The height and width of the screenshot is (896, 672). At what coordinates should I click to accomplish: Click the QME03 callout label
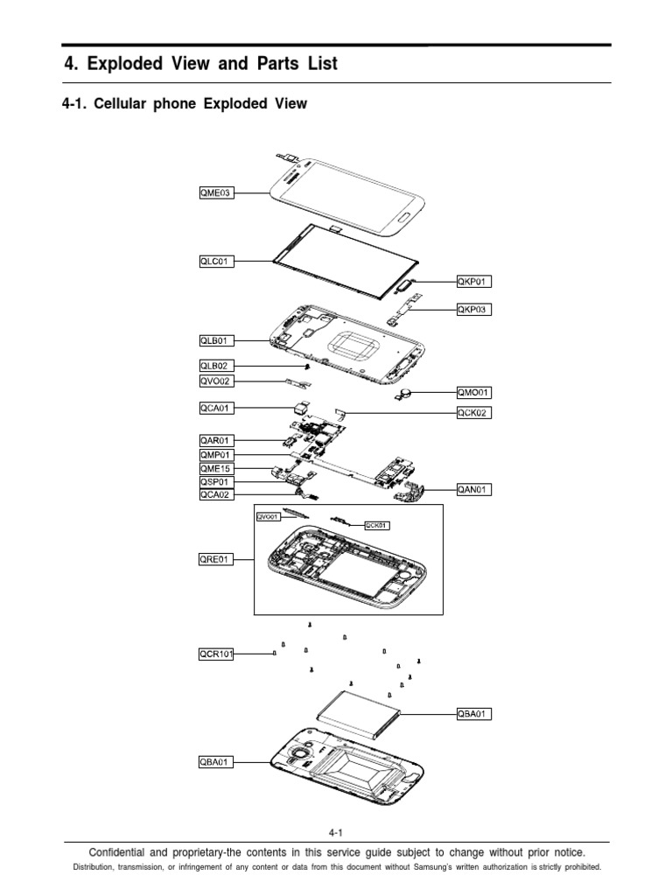[216, 193]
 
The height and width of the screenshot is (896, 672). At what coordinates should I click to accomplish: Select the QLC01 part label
[216, 261]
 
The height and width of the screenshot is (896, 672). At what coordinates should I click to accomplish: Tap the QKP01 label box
[474, 282]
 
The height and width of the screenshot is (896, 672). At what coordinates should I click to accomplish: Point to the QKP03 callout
[474, 309]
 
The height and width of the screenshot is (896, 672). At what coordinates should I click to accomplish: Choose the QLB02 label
[216, 367]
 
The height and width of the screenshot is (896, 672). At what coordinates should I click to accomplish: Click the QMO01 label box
[474, 394]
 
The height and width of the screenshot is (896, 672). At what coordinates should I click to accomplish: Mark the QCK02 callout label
[474, 413]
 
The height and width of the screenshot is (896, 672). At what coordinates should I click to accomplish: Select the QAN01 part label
[474, 491]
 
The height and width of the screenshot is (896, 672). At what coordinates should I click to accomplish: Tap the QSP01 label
[216, 482]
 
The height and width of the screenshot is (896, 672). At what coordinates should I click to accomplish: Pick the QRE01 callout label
[216, 559]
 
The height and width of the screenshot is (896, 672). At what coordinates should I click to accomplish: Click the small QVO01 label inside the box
[267, 517]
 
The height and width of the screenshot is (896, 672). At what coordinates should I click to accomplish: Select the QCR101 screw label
[216, 653]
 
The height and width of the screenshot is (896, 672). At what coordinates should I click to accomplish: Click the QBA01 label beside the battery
[474, 714]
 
